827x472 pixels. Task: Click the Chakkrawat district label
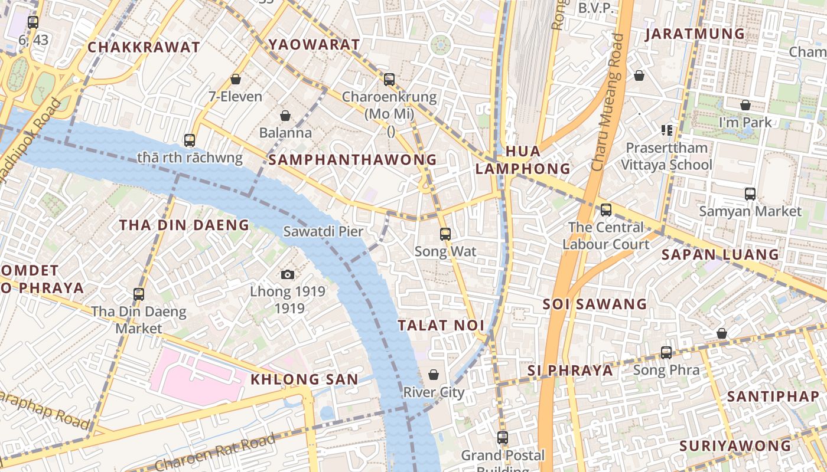click(x=144, y=47)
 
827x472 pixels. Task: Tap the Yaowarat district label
click(x=314, y=44)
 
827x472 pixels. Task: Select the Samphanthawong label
click(x=353, y=159)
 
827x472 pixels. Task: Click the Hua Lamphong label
click(x=523, y=160)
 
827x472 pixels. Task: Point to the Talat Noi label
click(x=441, y=325)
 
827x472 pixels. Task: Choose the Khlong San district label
click(x=304, y=379)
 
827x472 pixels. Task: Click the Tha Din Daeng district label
click(x=184, y=225)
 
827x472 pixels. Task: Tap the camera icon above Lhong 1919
click(x=288, y=274)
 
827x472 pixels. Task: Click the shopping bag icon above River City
click(x=434, y=375)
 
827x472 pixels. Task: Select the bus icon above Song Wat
click(x=445, y=234)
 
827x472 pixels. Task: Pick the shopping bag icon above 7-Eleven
click(x=236, y=79)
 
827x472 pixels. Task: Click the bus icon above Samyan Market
click(x=750, y=194)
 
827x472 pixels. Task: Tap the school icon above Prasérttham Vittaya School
click(x=667, y=130)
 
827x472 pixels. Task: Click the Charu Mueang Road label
click(x=608, y=103)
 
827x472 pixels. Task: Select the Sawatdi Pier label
click(x=323, y=231)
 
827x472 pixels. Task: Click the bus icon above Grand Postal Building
click(x=503, y=438)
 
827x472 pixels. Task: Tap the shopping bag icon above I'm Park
click(x=745, y=105)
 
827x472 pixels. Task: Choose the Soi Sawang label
click(x=595, y=304)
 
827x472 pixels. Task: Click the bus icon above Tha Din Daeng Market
click(x=139, y=294)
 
